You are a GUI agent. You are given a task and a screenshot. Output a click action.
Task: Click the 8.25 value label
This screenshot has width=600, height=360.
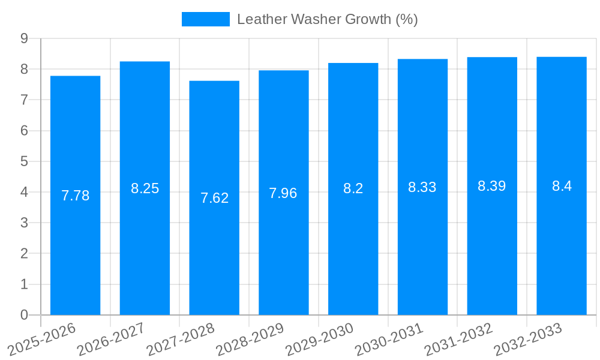[x=145, y=188]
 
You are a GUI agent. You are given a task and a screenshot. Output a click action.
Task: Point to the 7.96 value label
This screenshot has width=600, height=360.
[x=283, y=193]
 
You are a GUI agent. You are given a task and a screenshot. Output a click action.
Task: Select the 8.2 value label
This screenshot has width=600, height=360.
[x=353, y=188]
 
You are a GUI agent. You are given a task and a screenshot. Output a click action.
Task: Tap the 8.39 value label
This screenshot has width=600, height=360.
[x=491, y=186]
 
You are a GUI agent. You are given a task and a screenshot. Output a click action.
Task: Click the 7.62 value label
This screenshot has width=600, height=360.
[x=214, y=198]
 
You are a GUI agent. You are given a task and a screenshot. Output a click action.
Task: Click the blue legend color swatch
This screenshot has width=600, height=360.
[x=205, y=19]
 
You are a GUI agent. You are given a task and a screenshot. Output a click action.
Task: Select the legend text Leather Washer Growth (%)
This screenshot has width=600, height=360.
[x=327, y=19]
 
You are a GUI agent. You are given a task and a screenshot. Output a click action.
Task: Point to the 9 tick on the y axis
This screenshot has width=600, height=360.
[x=24, y=38]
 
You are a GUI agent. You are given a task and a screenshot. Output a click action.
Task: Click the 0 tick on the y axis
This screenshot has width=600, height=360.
[x=24, y=315]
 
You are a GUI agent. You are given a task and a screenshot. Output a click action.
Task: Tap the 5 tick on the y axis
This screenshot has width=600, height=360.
[x=24, y=161]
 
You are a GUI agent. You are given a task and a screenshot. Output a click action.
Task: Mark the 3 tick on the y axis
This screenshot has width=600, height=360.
[x=24, y=223]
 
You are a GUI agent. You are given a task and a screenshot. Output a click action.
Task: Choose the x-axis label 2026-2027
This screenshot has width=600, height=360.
[x=111, y=339]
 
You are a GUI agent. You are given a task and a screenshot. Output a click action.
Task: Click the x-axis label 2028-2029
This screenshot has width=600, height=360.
[x=250, y=339]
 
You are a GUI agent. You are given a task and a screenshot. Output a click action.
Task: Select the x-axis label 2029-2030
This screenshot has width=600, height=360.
[x=319, y=339]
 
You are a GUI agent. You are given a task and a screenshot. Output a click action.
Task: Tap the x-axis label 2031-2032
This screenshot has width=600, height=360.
[x=458, y=339]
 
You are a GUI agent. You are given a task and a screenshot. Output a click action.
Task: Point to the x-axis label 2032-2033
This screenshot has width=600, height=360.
[x=528, y=339]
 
